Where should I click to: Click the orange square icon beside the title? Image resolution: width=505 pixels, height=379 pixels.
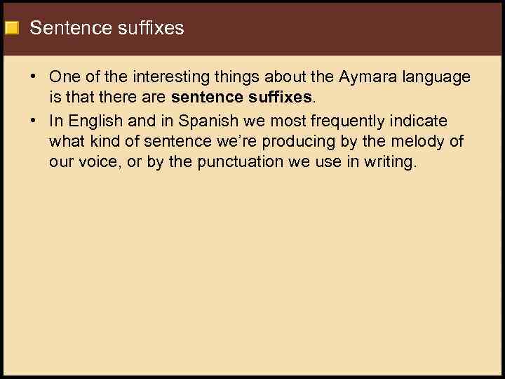click(x=11, y=29)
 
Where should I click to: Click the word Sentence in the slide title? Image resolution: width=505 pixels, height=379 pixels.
click(x=62, y=28)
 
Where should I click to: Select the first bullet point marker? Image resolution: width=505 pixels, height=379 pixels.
click(x=34, y=77)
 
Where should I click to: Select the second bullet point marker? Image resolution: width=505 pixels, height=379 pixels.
click(x=34, y=121)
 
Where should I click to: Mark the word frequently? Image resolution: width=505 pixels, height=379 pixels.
click(x=343, y=121)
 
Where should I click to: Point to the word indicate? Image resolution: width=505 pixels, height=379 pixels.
click(x=419, y=121)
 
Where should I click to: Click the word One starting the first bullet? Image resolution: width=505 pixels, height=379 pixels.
click(x=64, y=77)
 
